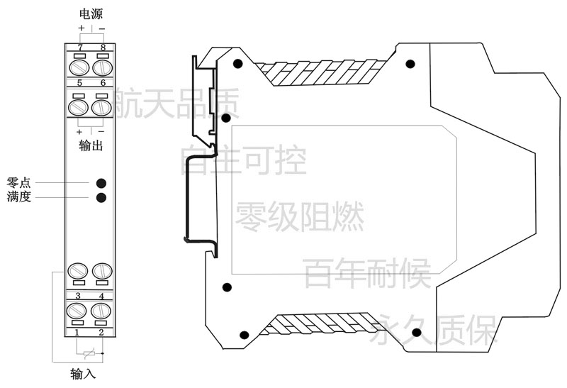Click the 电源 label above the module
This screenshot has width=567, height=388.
91,14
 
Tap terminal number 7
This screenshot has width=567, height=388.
80,48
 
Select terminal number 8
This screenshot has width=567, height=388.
103,48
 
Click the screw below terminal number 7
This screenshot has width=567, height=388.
79,68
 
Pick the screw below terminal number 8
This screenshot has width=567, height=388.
103,68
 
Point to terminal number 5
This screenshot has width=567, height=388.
79,83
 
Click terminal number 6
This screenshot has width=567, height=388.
103,83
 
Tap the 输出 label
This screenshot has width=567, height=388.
91,145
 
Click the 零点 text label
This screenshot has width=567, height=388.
18,182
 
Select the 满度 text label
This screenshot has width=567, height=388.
18,196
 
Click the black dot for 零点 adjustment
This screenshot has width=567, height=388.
101,183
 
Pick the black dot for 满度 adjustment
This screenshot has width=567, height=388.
101,198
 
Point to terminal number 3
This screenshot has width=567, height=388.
78,296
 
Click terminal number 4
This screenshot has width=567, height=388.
101,296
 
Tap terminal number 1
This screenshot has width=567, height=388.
77,332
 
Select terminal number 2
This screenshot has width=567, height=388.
101,332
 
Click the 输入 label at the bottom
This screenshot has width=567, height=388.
83,374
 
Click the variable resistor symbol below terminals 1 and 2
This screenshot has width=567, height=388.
89,353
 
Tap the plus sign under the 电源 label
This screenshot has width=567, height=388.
81,28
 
